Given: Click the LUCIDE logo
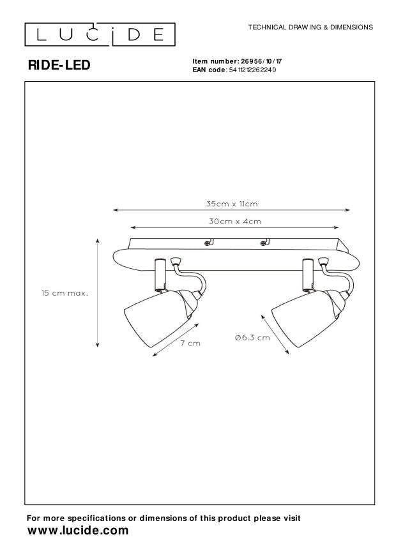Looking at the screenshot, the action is coord(100,34).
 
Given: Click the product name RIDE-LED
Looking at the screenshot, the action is coord(59,65).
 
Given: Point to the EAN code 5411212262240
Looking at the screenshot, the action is coord(255,70).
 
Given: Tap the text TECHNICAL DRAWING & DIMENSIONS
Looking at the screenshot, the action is coord(310,27).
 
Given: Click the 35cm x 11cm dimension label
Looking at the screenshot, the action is coord(232,204).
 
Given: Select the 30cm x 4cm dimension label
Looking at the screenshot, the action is coord(235,222).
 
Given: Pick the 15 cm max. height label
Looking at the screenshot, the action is coord(65,293).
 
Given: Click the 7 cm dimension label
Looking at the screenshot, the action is coord(190,343).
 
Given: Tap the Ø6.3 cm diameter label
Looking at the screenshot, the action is coord(252,338).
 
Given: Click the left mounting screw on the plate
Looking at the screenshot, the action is coord(207,243).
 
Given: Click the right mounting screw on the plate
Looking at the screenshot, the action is coord(263,243).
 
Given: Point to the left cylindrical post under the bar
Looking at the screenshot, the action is coord(159,275).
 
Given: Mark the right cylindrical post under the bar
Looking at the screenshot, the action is coord(307,275).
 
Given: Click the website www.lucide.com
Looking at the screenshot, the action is coord(78,531).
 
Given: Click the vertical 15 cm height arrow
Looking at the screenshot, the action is coord(98,293).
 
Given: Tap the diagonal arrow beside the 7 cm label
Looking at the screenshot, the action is coord(176,340).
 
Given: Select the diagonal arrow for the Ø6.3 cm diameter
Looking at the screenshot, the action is coord(275,335).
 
